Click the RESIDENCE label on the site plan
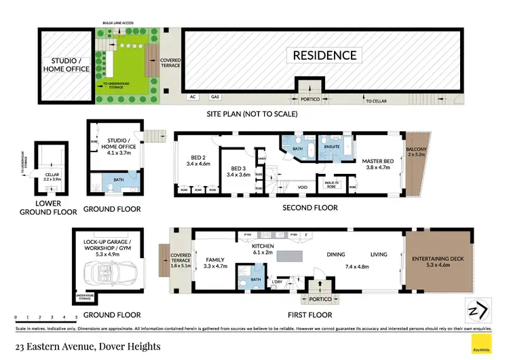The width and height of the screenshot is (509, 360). click(324, 55)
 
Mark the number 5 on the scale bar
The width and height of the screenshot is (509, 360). click(76, 317)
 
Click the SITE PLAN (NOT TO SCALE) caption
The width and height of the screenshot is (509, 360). click(252, 114)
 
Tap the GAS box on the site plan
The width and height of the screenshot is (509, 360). click(215, 98)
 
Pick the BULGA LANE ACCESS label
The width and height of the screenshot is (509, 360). click(119, 23)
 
